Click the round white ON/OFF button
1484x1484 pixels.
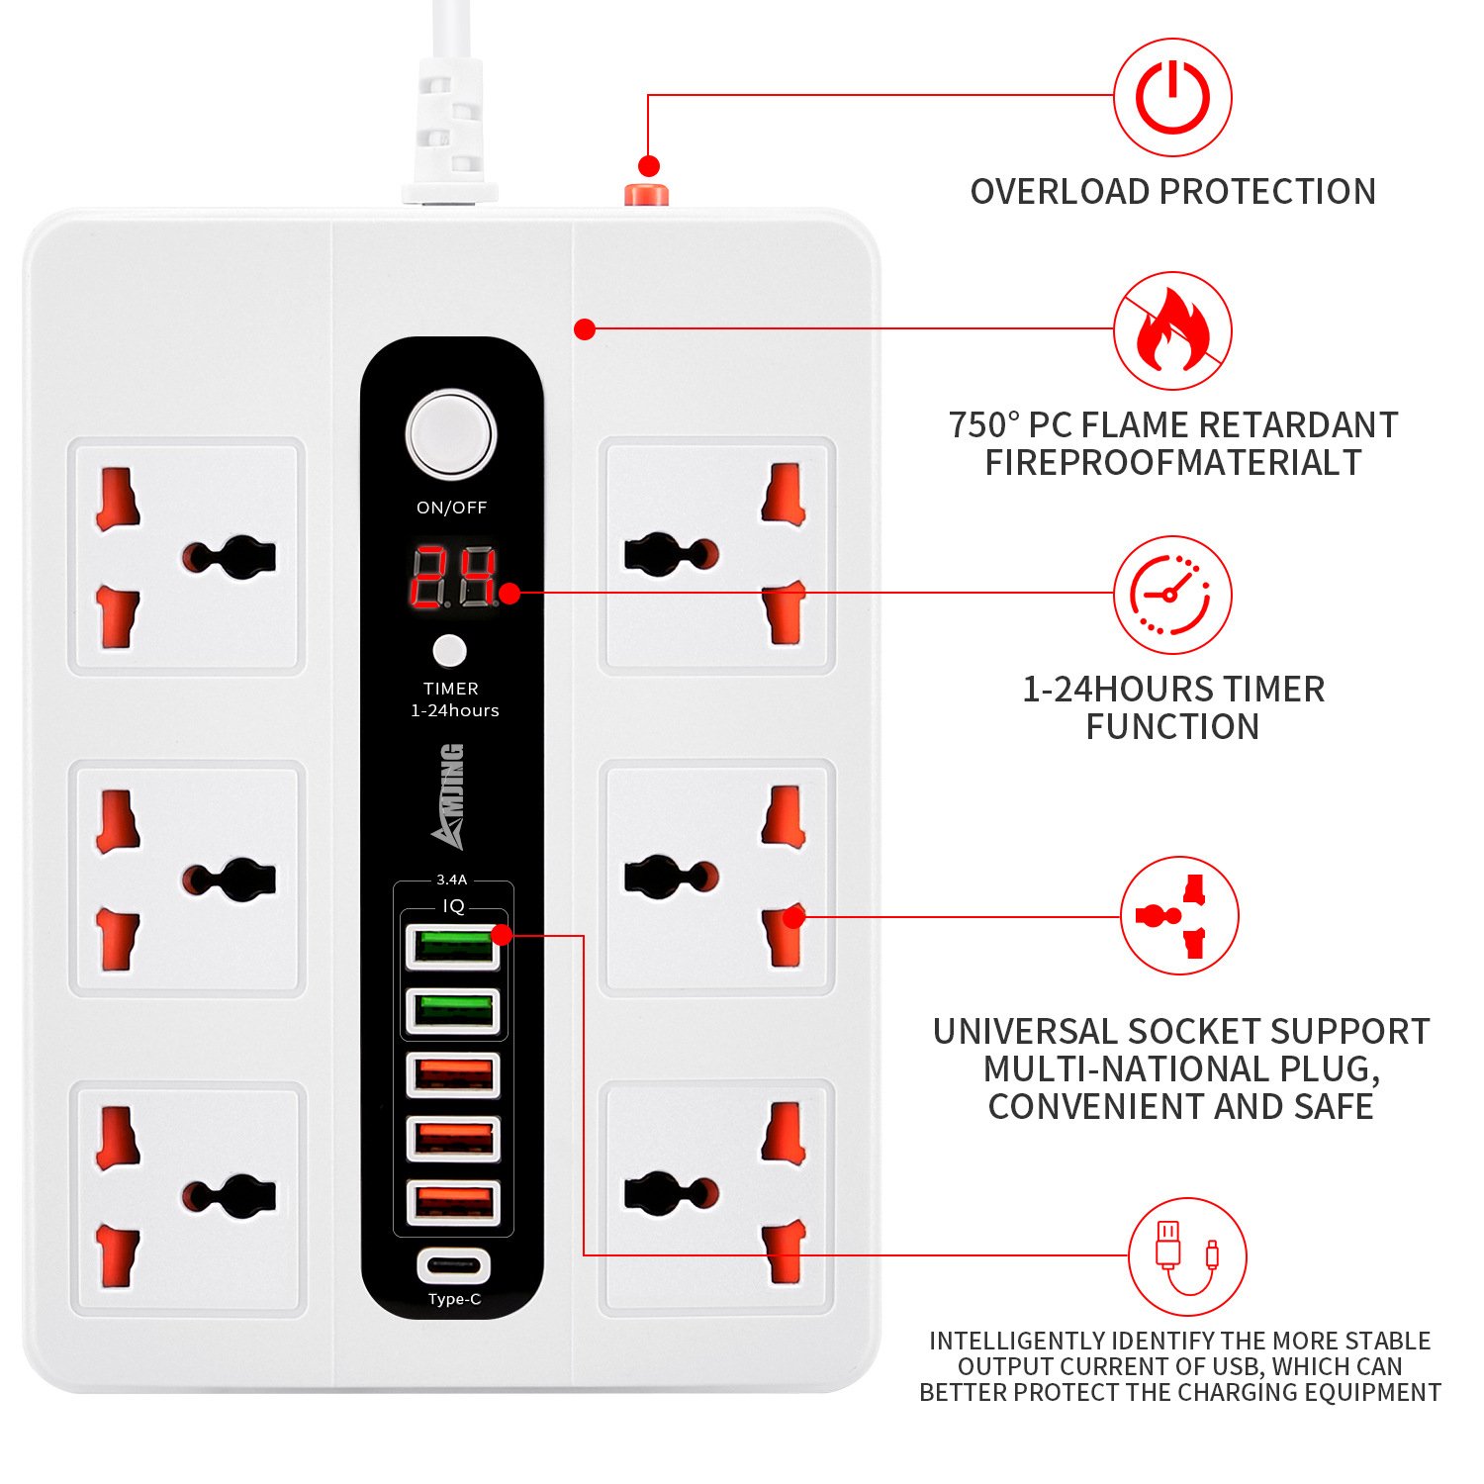451,435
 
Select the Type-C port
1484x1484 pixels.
454,1265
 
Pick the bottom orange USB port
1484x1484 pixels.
453,1203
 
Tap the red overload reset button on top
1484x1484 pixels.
646,193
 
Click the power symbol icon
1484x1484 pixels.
1172,97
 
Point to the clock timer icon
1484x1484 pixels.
1172,595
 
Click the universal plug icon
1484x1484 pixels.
1179,916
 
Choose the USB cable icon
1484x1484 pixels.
1187,1256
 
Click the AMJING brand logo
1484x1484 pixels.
448,796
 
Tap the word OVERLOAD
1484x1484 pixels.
1060,191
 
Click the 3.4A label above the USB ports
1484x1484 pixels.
451,879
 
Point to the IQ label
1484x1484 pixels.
453,905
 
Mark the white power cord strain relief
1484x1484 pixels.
450,129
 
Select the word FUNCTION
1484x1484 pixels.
1172,726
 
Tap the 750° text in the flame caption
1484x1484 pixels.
983,424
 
